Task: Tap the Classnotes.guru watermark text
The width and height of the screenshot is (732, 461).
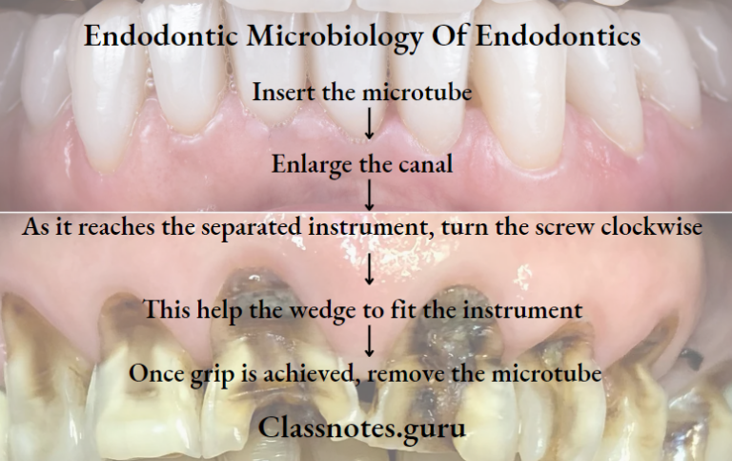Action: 362,427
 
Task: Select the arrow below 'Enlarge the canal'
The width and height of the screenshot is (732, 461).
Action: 368,196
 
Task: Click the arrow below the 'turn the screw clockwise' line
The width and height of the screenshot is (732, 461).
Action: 368,270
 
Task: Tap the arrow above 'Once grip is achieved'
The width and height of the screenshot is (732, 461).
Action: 368,341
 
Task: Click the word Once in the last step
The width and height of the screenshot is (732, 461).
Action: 156,373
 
